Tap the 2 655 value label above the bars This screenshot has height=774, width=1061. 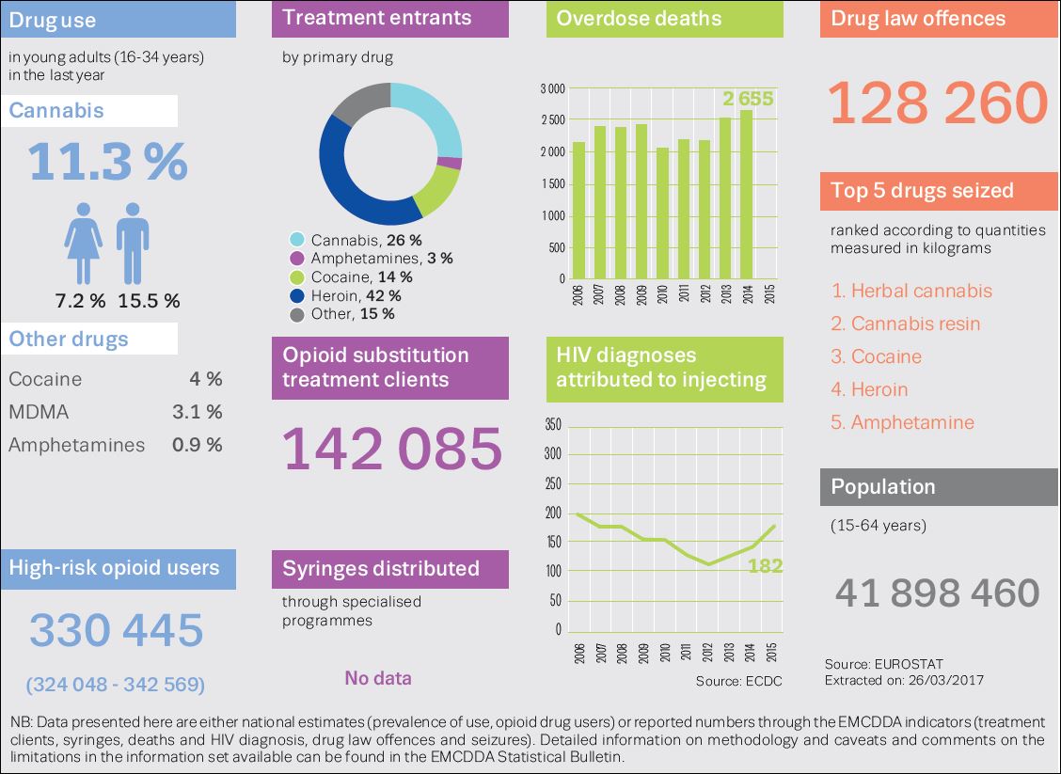pos(748,99)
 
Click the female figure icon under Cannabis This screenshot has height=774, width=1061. pos(84,243)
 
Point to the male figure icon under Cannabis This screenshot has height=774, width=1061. pos(133,243)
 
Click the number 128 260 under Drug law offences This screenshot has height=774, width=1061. pos(938,103)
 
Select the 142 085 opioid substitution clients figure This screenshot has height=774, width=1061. pos(393,449)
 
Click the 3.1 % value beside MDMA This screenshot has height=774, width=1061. pos(198,412)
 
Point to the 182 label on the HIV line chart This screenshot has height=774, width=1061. pos(766,566)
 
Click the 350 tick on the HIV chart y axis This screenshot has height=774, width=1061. pos(553,425)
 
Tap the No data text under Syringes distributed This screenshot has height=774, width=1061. pos(377,678)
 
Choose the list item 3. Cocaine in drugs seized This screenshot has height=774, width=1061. pos(876,356)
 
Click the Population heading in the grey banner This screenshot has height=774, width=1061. pos(883,486)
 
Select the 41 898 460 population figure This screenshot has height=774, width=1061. pos(937,592)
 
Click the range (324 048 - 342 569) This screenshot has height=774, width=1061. pos(116,684)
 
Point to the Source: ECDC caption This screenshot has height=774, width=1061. pos(738,680)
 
